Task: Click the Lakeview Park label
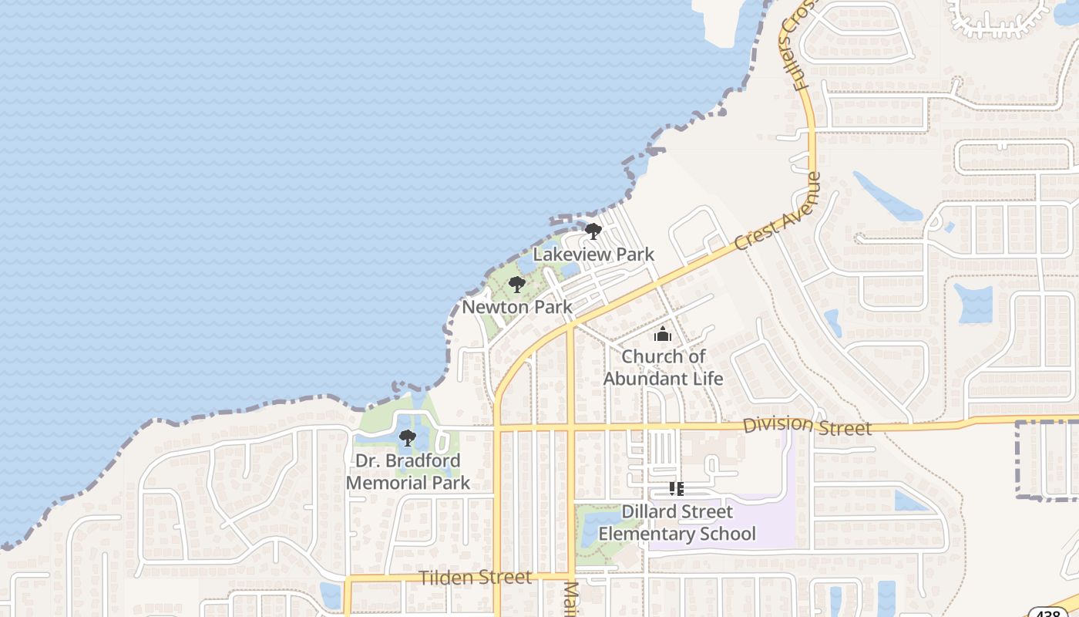pos(593,254)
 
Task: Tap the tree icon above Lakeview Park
pos(593,231)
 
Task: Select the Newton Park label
pos(517,307)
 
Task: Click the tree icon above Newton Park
pos(517,285)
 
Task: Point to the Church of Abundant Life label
pos(663,367)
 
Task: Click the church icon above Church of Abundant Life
pos(663,335)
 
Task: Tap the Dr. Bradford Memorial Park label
pos(408,472)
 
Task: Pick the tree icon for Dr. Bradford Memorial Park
pos(408,439)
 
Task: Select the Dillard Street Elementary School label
pos(677,522)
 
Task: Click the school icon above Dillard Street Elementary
pos(677,489)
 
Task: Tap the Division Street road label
pos(807,426)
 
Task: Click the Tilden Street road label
pos(476,578)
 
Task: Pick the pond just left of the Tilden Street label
pos(331,595)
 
